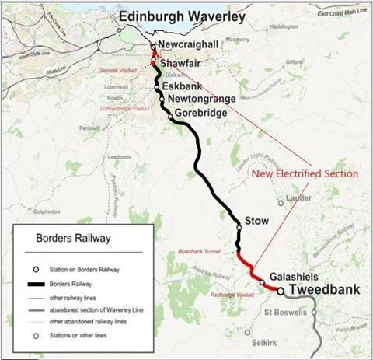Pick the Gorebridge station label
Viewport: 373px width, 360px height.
click(201, 114)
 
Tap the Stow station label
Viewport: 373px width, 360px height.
click(256, 222)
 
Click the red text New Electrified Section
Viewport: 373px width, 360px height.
click(305, 173)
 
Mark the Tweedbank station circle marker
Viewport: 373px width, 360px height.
click(280, 292)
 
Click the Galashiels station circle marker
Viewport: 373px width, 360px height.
click(263, 281)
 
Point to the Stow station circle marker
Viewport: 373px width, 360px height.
click(239, 227)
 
